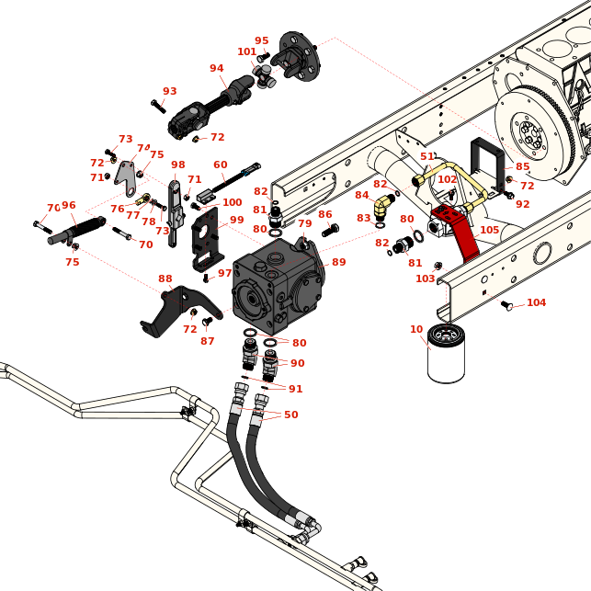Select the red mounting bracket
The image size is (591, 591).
pyautogui.click(x=460, y=230)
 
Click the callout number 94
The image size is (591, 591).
pyautogui.click(x=217, y=69)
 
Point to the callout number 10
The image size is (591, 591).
pyautogui.click(x=416, y=329)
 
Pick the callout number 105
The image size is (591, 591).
pyautogui.click(x=490, y=231)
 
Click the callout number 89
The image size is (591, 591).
pyautogui.click(x=339, y=263)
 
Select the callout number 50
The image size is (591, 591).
pyautogui.click(x=291, y=415)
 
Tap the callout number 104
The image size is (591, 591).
pyautogui.click(x=537, y=303)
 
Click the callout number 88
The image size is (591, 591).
pyautogui.click(x=165, y=279)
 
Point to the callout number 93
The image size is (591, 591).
pyautogui.click(x=170, y=92)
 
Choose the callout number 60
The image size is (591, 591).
pyautogui.click(x=221, y=165)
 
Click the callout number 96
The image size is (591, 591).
pyautogui.click(x=69, y=206)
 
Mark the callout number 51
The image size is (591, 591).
pyautogui.click(x=427, y=157)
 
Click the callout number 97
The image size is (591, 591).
pyautogui.click(x=225, y=274)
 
